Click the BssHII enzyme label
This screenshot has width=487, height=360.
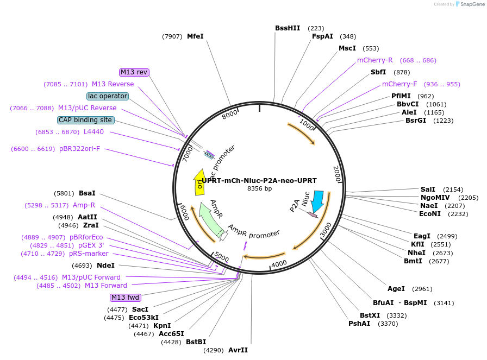[287, 28]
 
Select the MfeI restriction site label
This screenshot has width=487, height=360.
[195, 36]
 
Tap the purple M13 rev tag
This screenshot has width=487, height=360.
[134, 72]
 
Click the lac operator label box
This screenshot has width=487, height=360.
[108, 96]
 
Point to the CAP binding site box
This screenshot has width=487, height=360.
[86, 120]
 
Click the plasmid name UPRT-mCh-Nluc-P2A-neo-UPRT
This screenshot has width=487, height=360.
[259, 181]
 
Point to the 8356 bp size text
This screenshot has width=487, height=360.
[259, 189]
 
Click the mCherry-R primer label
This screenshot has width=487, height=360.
[374, 60]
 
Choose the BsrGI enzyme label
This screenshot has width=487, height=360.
[416, 121]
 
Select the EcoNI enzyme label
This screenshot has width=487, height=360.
[430, 214]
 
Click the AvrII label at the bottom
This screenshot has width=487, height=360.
[238, 350]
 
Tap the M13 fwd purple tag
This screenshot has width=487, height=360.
[125, 298]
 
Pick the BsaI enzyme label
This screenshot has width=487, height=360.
[87, 193]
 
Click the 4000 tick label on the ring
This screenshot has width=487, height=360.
[279, 264]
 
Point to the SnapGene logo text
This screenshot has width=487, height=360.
[470, 4]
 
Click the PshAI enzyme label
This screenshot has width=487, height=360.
[359, 324]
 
